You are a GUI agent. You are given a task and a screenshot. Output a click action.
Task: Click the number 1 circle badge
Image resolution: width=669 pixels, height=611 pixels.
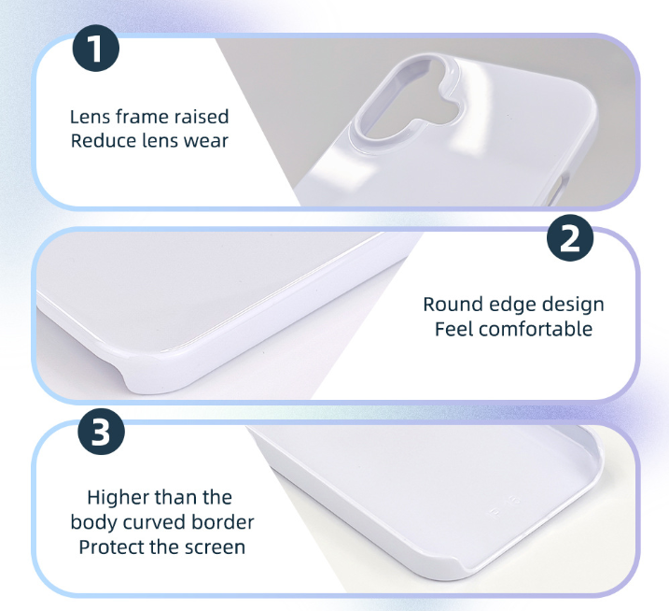pos(96,49)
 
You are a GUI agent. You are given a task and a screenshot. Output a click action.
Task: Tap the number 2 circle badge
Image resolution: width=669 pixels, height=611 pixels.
pos(570,238)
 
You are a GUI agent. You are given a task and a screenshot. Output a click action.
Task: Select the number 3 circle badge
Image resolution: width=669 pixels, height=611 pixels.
pos(102,431)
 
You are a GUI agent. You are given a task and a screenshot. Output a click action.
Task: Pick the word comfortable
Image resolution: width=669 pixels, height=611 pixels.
pos(537,329)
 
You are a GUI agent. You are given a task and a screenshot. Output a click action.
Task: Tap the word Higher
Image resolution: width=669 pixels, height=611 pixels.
pos(118,498)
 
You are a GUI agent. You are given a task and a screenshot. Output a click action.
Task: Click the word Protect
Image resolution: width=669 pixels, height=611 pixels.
pos(111,547)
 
